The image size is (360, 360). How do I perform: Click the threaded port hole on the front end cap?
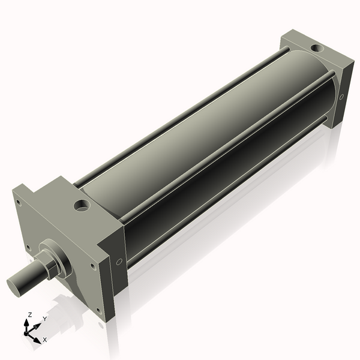pos(82,206)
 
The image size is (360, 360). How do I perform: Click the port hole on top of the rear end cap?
pos(316,47)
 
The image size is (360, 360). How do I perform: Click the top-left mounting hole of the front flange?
pos(19,202)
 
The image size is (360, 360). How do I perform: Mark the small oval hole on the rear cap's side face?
pos(341,96)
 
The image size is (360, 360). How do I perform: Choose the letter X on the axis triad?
pos(44,340)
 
